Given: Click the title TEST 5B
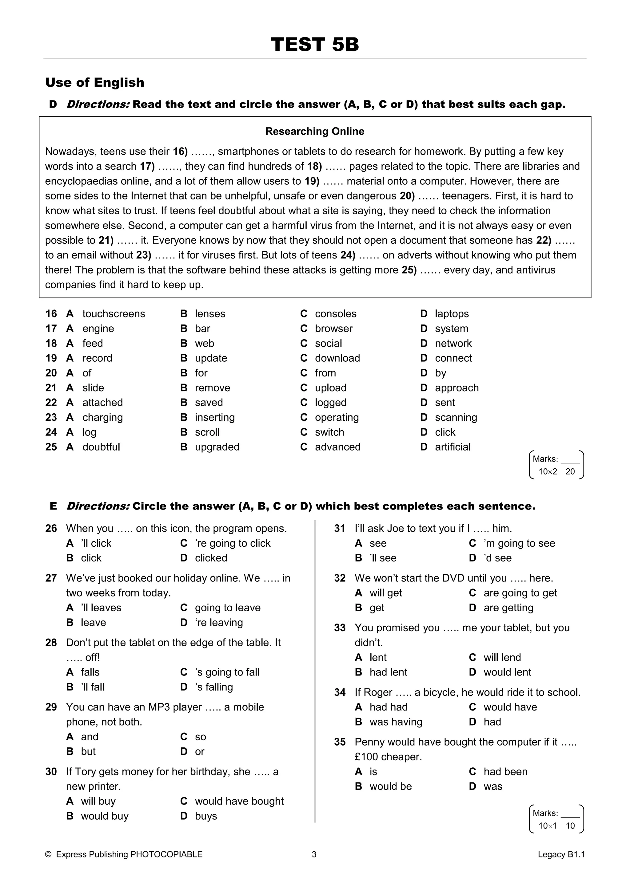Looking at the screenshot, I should [x=315, y=44].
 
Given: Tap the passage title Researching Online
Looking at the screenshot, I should [x=315, y=132].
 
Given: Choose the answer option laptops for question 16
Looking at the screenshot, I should [x=452, y=313].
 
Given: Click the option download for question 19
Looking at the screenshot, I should [x=337, y=358].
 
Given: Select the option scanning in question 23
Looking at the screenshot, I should [x=456, y=417].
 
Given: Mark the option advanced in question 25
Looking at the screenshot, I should [x=337, y=447].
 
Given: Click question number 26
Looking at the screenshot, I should [x=51, y=528].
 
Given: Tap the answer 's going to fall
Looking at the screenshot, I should [x=227, y=672].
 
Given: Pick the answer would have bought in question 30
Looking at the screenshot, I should [x=239, y=801].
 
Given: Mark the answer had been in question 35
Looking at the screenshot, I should [x=505, y=771].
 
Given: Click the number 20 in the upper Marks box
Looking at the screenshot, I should [x=570, y=471].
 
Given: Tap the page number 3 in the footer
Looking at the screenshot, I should [x=314, y=854].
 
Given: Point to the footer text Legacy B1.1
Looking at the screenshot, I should [x=561, y=854].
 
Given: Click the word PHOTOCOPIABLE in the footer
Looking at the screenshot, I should [x=166, y=854].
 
